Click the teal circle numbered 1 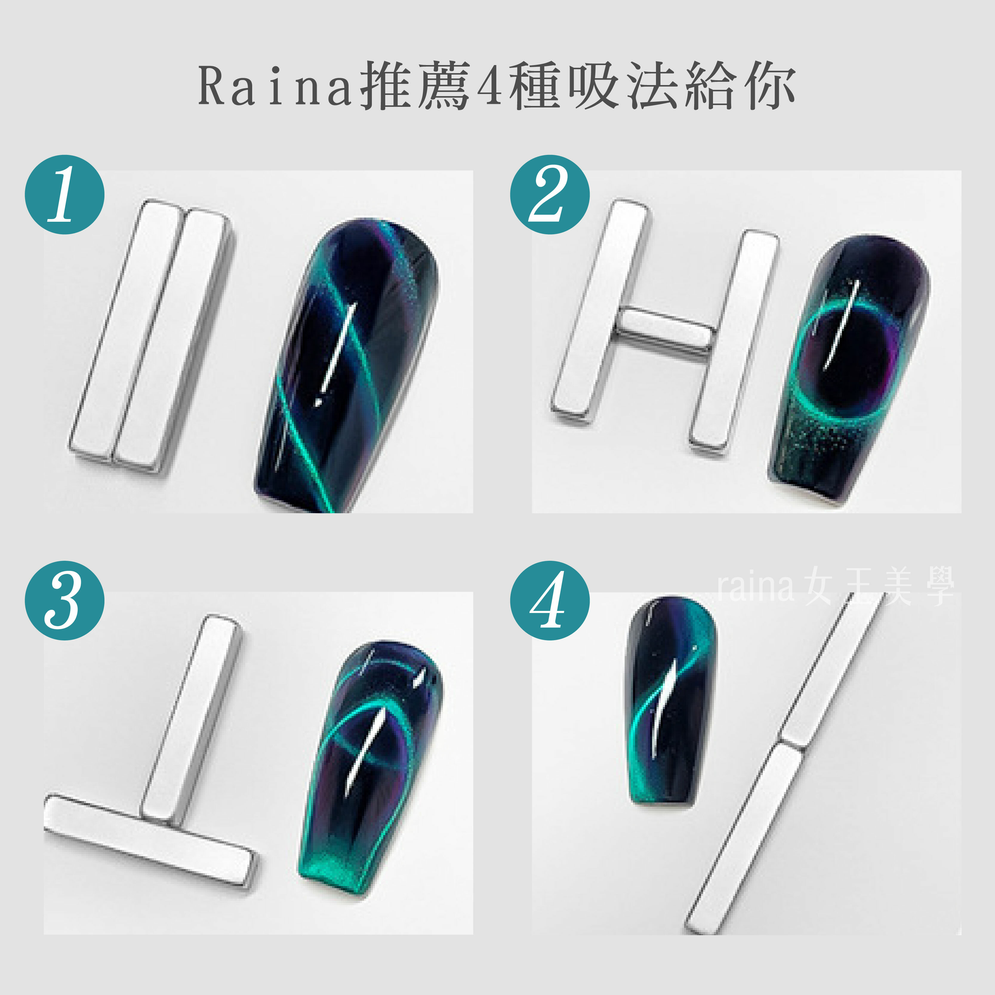(x=65, y=195)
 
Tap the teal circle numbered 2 (x=549, y=195)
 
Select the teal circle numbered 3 (x=65, y=600)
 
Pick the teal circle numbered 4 (x=549, y=600)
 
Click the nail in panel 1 (x=348, y=366)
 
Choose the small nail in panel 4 (x=669, y=700)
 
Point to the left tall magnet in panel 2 (x=600, y=306)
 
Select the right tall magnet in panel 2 (x=734, y=343)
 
